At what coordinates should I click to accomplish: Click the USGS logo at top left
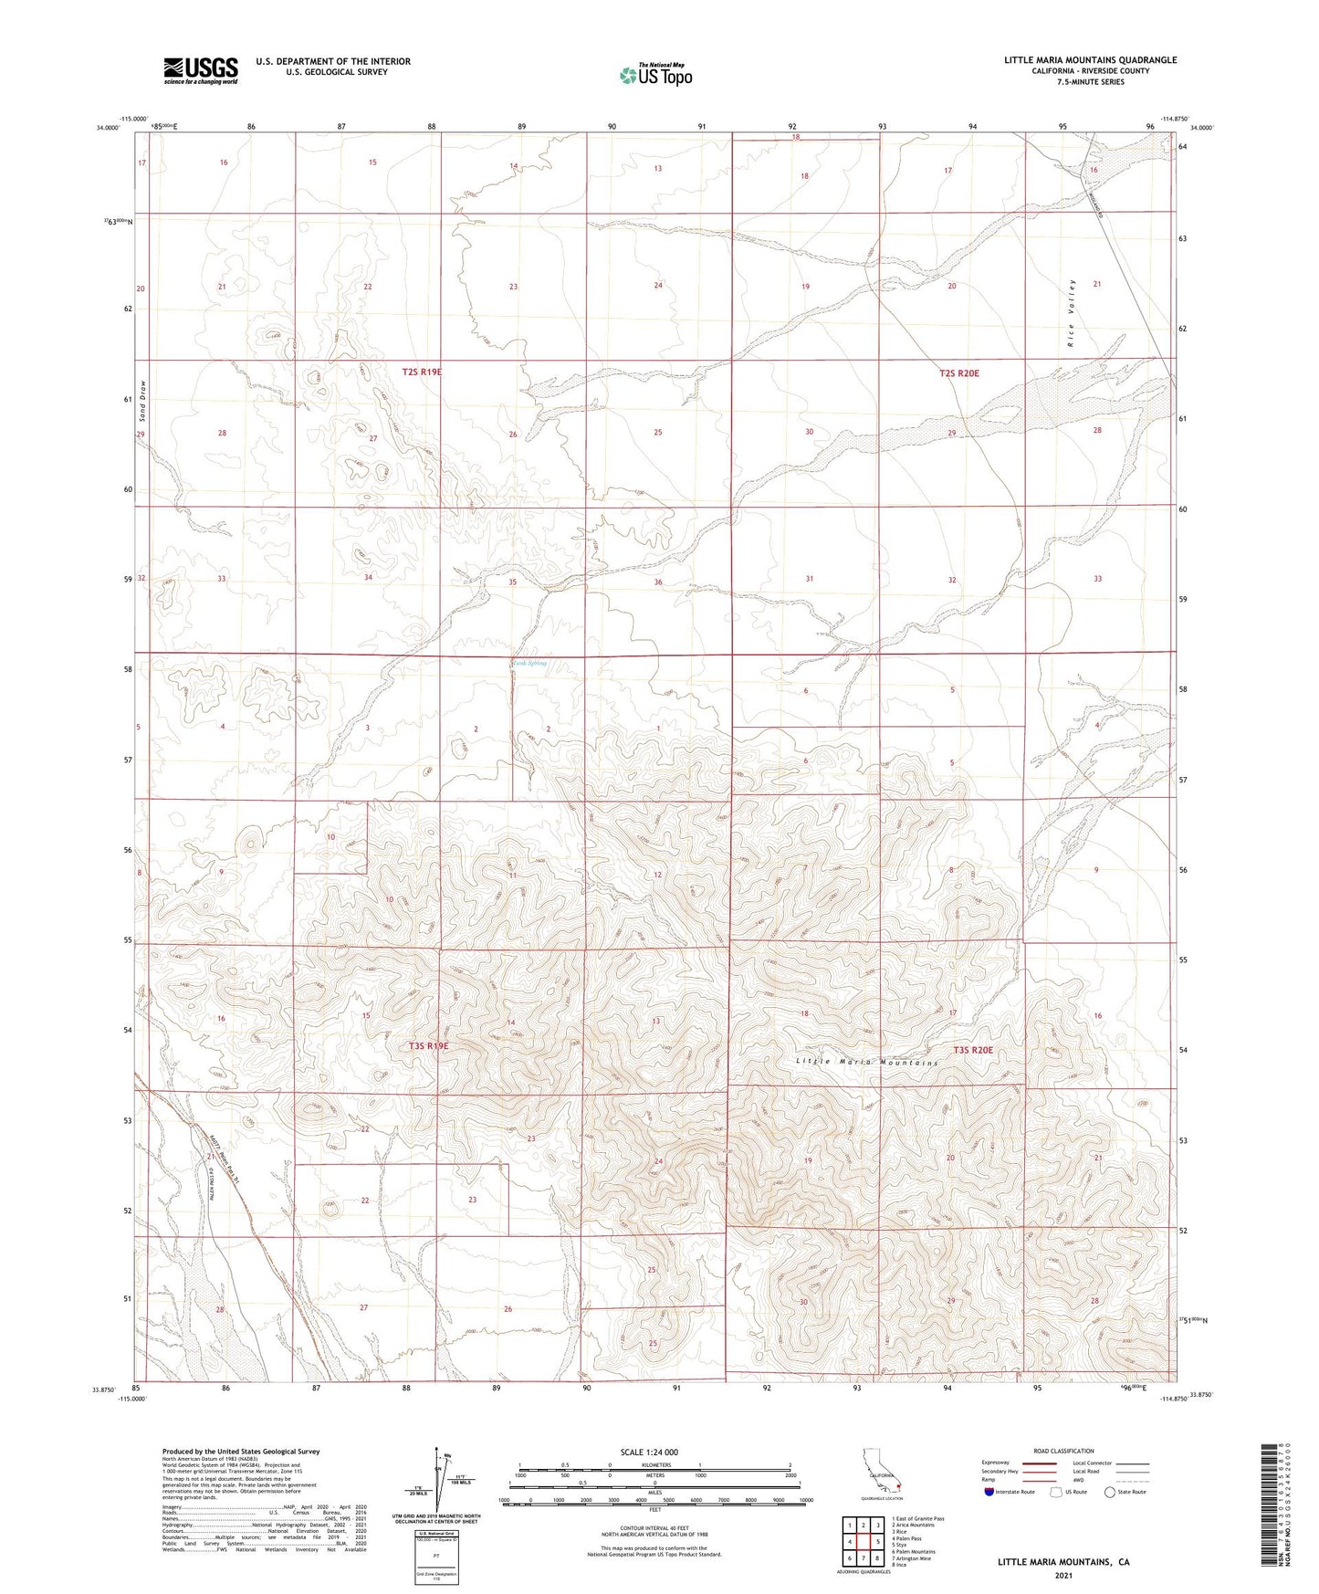[x=201, y=69]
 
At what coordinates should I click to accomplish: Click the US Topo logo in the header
[x=655, y=75]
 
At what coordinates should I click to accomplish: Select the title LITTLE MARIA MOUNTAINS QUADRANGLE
[x=1090, y=60]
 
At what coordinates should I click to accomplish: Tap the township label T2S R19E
[x=422, y=372]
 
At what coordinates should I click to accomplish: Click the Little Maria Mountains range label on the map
[x=866, y=1063]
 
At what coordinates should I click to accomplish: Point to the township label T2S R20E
[x=958, y=373]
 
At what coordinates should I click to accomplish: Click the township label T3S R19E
[x=428, y=1046]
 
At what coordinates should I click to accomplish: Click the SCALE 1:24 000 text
[x=649, y=1452]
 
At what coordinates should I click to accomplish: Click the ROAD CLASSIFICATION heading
[x=1063, y=1451]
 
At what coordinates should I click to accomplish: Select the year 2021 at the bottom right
[x=1063, y=1575]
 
